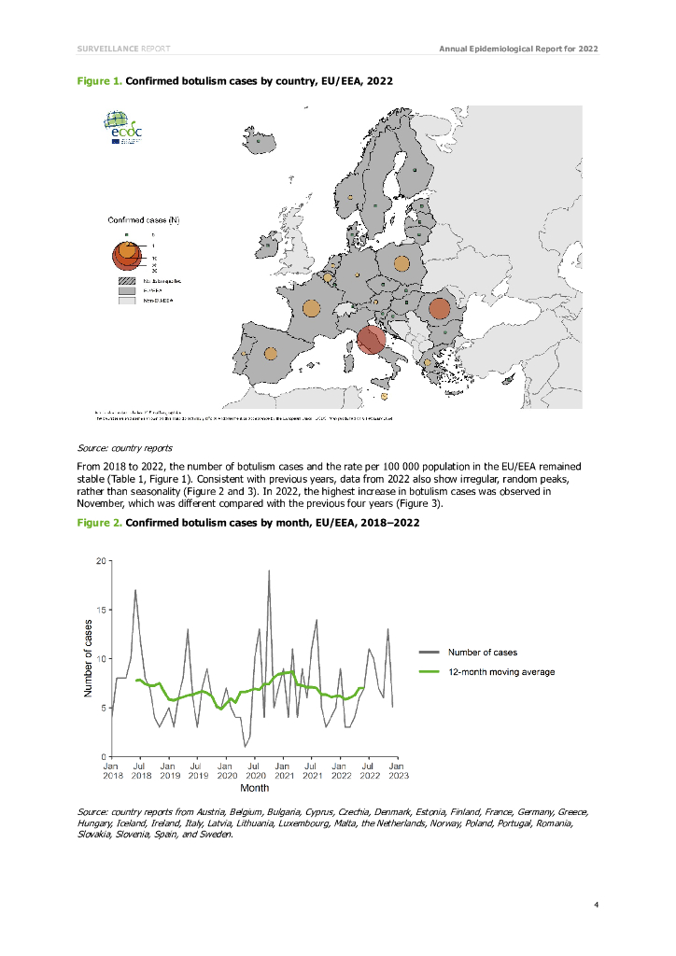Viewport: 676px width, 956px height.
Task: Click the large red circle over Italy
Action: pos(371,340)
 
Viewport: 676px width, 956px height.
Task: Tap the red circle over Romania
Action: pos(439,308)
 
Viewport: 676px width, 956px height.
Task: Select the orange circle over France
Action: pos(312,308)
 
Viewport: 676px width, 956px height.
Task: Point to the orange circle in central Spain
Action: pos(270,354)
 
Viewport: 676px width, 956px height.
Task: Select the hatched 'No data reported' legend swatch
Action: pos(127,280)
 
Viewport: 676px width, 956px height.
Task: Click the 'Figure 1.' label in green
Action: pos(99,81)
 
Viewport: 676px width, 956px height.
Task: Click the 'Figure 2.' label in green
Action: pos(99,522)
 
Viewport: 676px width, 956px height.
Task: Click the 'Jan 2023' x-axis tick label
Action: pos(396,770)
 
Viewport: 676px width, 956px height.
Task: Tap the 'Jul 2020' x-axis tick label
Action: pos(254,770)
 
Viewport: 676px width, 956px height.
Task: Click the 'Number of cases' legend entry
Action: pos(482,652)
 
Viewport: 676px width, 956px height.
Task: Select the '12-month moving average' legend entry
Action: pos(500,672)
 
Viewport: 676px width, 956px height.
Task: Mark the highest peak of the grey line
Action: pos(269,570)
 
